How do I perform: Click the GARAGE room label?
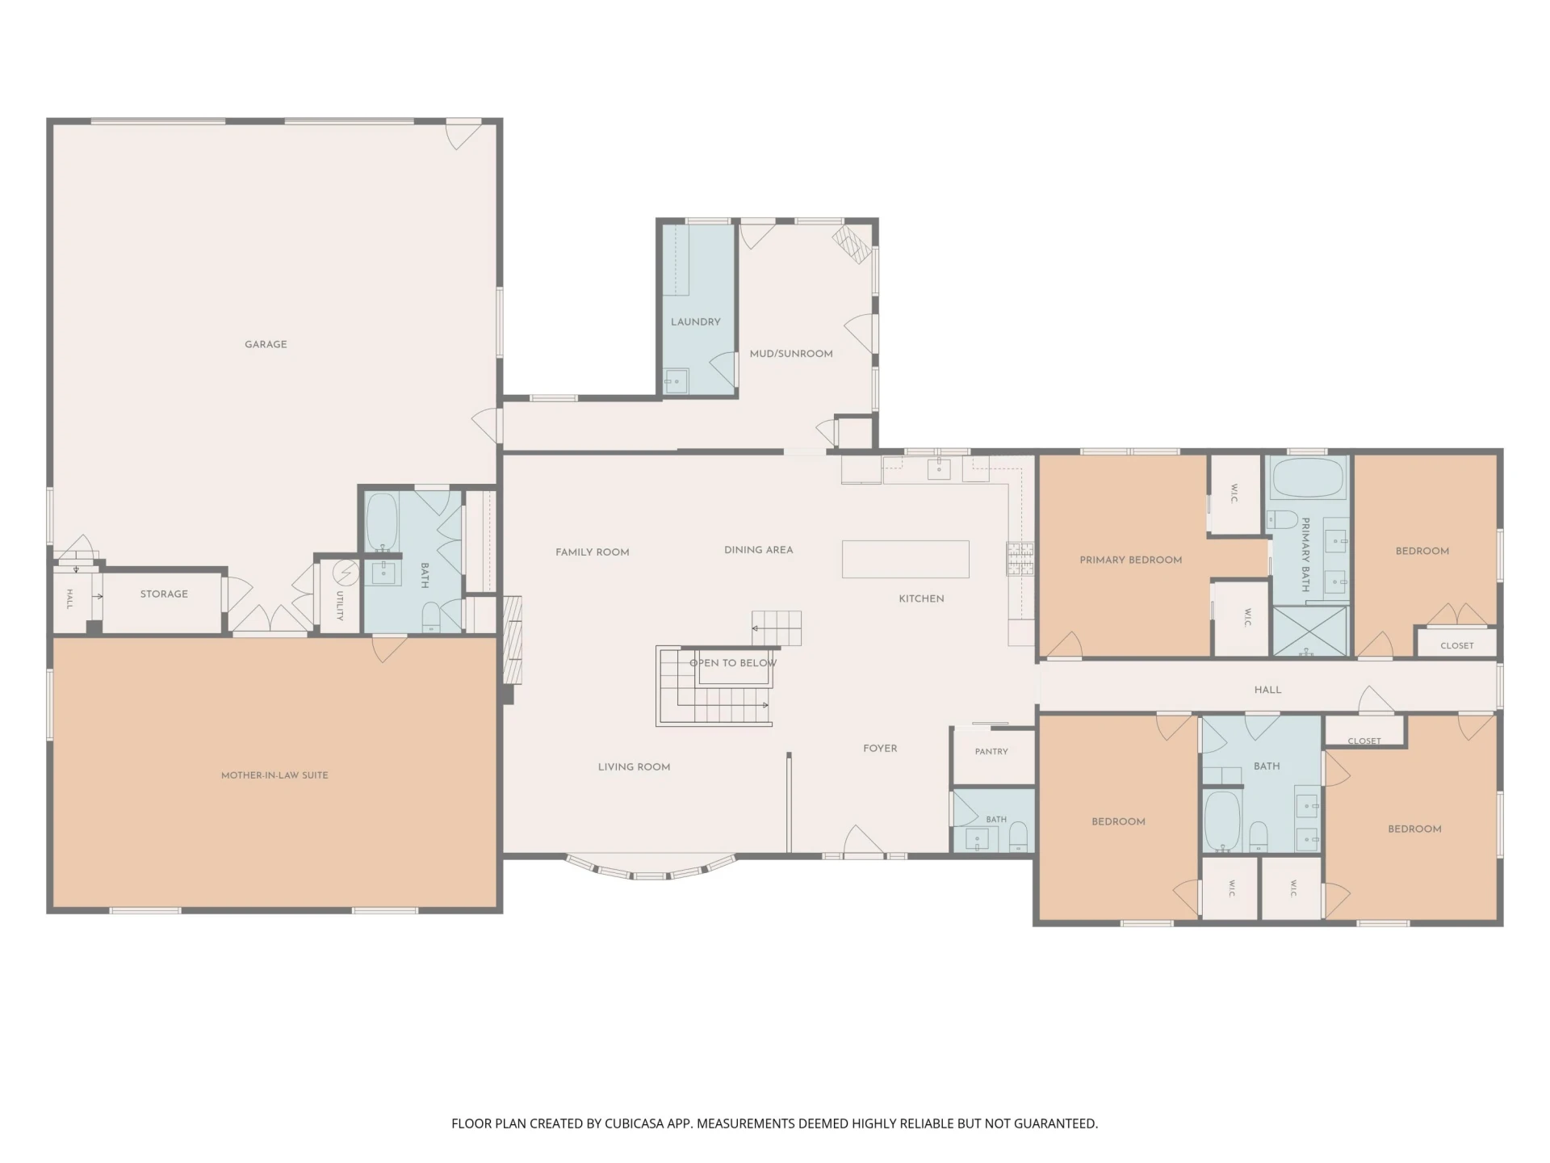266,344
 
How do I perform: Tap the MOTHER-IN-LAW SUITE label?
274,775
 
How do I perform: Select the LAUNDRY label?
696,321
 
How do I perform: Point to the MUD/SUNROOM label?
791,354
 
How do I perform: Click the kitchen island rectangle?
906,559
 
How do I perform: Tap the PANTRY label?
991,751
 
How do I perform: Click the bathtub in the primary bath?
1308,479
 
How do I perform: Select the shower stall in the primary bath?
1310,631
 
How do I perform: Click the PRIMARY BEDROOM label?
1131,560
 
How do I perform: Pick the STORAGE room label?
164,594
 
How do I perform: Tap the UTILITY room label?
340,606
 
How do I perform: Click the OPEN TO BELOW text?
733,663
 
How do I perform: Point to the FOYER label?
880,749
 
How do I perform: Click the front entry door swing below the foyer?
863,841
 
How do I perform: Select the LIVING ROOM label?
635,767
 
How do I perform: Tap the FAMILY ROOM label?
593,552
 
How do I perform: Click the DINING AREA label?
759,550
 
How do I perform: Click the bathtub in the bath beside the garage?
382,522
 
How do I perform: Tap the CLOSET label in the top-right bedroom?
1457,645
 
